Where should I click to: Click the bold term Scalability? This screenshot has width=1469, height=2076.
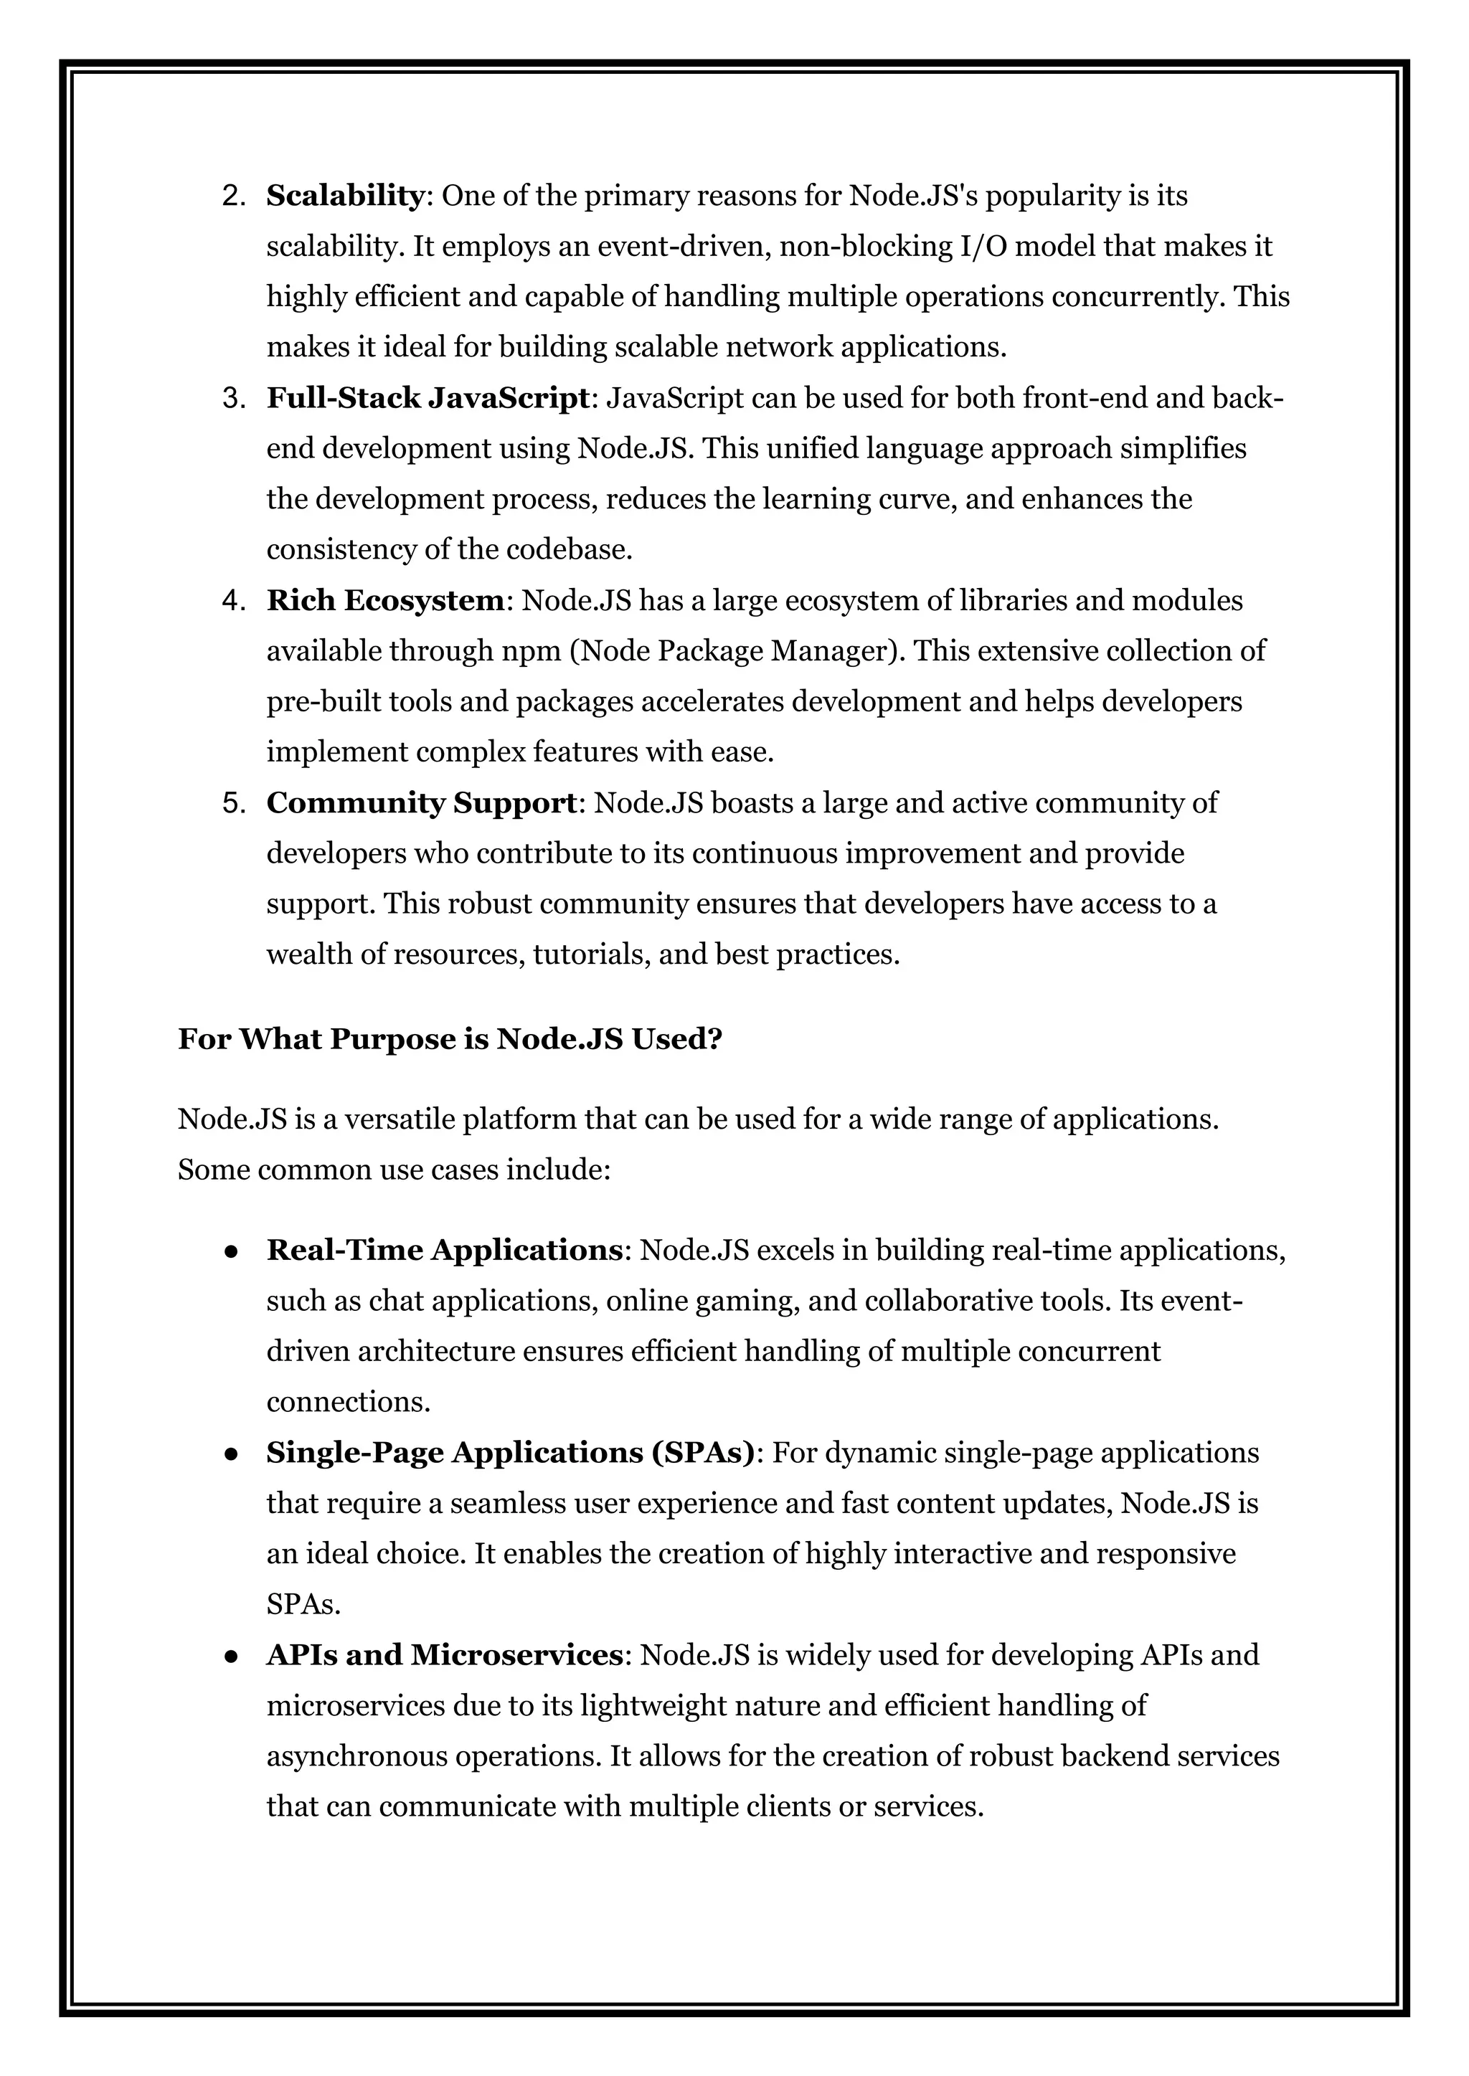click(344, 195)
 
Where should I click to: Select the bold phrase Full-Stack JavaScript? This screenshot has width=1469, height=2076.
click(428, 398)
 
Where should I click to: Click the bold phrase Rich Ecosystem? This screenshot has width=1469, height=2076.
click(384, 600)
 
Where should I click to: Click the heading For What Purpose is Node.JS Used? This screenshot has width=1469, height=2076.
click(450, 1039)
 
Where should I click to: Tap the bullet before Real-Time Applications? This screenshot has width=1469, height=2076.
click(232, 1251)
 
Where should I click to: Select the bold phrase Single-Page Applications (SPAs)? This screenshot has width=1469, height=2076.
click(510, 1453)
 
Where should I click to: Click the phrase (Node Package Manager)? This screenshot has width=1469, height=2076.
click(737, 651)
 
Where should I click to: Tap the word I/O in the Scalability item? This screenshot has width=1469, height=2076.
click(983, 246)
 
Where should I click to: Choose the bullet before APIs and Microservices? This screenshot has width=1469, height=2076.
click(232, 1656)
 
